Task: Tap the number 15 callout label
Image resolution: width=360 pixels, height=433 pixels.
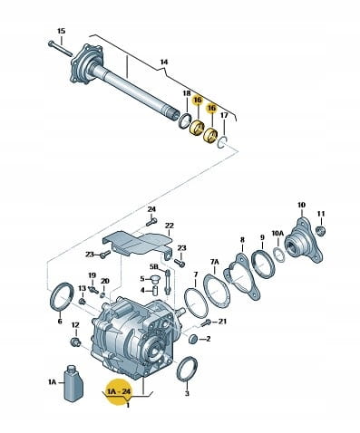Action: (x=61, y=31)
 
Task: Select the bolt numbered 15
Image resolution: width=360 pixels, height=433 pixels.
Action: (x=60, y=48)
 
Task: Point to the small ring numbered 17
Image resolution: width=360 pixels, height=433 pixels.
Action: (x=222, y=142)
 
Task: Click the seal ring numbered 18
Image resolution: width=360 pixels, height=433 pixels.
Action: (x=185, y=121)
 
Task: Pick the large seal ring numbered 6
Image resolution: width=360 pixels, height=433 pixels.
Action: (x=62, y=296)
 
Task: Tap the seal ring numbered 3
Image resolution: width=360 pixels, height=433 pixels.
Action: (x=187, y=370)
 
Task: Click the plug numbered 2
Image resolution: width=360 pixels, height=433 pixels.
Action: (x=192, y=339)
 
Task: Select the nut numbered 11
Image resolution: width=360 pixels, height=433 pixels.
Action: (x=320, y=231)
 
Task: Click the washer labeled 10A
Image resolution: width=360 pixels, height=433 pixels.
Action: (x=279, y=255)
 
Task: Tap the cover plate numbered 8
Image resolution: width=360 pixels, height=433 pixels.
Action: (x=242, y=276)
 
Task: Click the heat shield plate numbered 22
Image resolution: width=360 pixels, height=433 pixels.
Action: (x=138, y=243)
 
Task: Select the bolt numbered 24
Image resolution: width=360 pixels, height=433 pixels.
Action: (x=151, y=222)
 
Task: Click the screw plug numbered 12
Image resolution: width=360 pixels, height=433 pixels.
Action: (x=75, y=342)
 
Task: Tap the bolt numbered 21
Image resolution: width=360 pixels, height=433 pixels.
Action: (x=206, y=323)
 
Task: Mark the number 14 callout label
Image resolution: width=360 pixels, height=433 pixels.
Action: (x=164, y=63)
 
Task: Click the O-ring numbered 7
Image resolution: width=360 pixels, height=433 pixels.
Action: (x=196, y=303)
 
